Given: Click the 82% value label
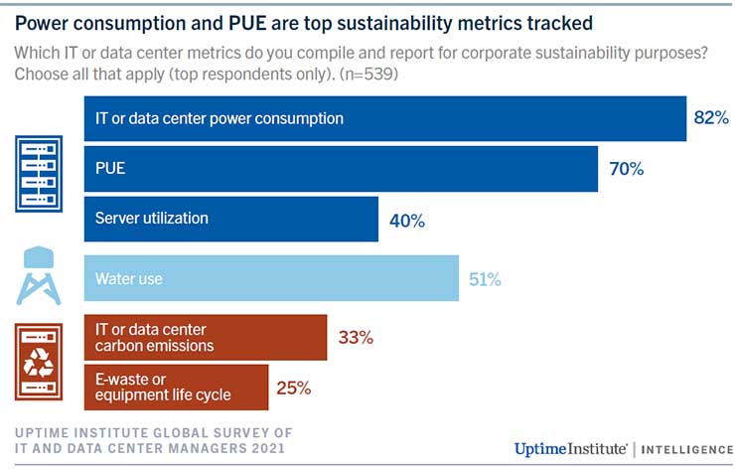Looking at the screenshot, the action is [x=711, y=117].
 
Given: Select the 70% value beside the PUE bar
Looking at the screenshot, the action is [x=627, y=169].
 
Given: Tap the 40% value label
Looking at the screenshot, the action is [x=407, y=221].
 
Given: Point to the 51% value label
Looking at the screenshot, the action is [x=485, y=279].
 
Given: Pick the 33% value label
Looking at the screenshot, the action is [x=356, y=337].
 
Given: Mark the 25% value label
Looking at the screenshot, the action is [x=293, y=388].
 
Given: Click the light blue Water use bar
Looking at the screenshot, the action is [x=271, y=278].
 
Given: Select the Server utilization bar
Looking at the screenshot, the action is [x=231, y=220].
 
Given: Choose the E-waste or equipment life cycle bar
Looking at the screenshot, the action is [x=176, y=388].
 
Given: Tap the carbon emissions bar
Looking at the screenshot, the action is [x=206, y=338].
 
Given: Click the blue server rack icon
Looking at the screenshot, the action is [x=39, y=174].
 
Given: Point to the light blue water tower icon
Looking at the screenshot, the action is [x=39, y=276].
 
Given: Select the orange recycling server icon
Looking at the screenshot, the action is [x=39, y=362].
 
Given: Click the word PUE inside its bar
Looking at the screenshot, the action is [x=110, y=168].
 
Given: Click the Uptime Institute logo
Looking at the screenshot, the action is [x=570, y=449].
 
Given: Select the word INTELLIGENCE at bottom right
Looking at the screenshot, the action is [x=686, y=450].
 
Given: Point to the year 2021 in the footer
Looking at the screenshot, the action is [x=268, y=448].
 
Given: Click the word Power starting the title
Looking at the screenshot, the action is [x=42, y=23].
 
